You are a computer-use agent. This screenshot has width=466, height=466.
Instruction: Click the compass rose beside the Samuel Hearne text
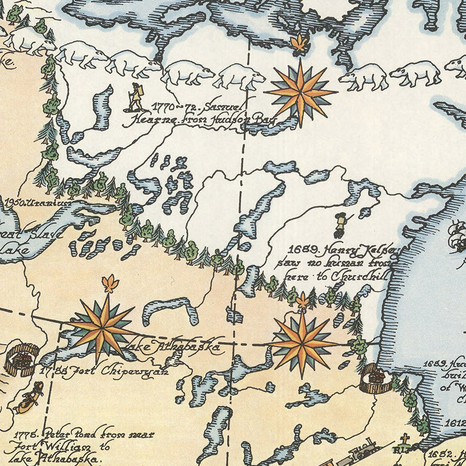point(300,93)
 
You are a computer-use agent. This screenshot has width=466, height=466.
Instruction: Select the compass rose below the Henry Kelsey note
point(301,342)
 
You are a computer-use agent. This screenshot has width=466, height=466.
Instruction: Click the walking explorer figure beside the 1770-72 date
point(136,97)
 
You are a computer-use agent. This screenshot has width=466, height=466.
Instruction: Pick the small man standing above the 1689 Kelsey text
point(340,225)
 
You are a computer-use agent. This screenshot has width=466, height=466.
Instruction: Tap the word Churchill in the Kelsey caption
point(362,276)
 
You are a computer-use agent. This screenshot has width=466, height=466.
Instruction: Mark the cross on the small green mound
point(404,441)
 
